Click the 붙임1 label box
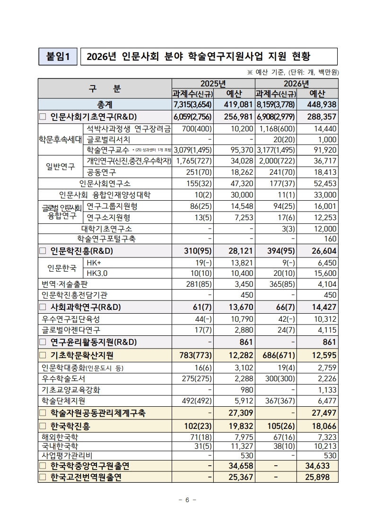click(58, 57)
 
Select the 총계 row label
click(105, 104)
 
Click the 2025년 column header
click(213, 84)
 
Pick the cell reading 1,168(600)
click(276, 128)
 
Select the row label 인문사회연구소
click(105, 183)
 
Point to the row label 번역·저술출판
click(65, 284)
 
